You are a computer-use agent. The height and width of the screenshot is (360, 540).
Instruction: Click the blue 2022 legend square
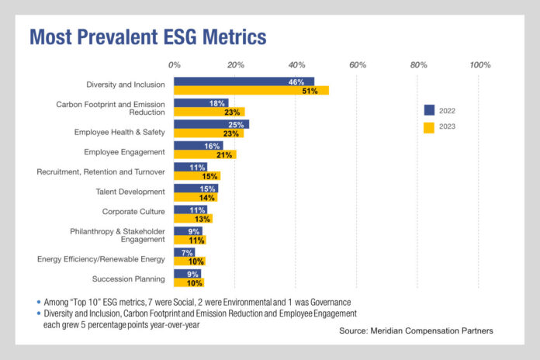point(428,109)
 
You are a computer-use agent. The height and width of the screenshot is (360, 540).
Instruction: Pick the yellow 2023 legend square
point(428,126)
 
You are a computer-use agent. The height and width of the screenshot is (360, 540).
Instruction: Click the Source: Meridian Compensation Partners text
point(415,331)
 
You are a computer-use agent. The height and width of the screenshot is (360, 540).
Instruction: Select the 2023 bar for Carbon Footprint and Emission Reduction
point(209,112)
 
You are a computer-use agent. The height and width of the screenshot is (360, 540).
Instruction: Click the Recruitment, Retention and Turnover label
point(101,171)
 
